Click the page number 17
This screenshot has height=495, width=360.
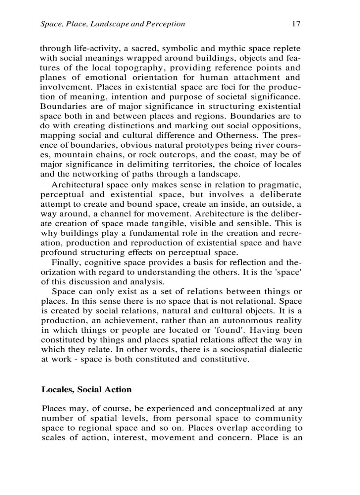click(296, 24)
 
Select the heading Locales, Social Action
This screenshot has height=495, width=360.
click(86, 389)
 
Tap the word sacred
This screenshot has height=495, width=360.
click(144, 48)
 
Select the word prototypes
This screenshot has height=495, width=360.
click(197, 145)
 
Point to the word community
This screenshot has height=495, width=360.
click(278, 418)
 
